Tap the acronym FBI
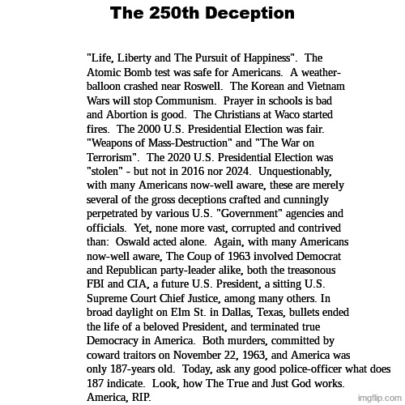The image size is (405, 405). click(x=96, y=284)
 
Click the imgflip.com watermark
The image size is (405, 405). click(x=380, y=398)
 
